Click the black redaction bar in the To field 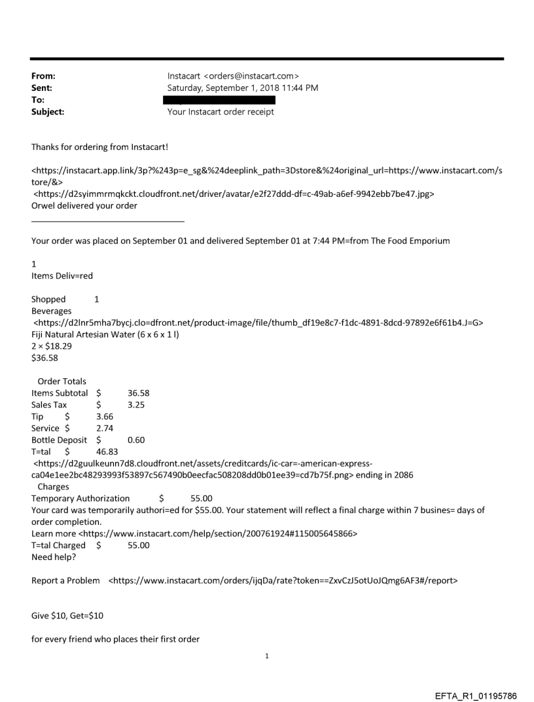(x=221, y=100)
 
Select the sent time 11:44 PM (x=301, y=88)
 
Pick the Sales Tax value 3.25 (x=136, y=405)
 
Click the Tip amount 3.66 (x=104, y=417)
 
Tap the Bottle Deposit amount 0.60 (x=136, y=440)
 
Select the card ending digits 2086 (x=402, y=476)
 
